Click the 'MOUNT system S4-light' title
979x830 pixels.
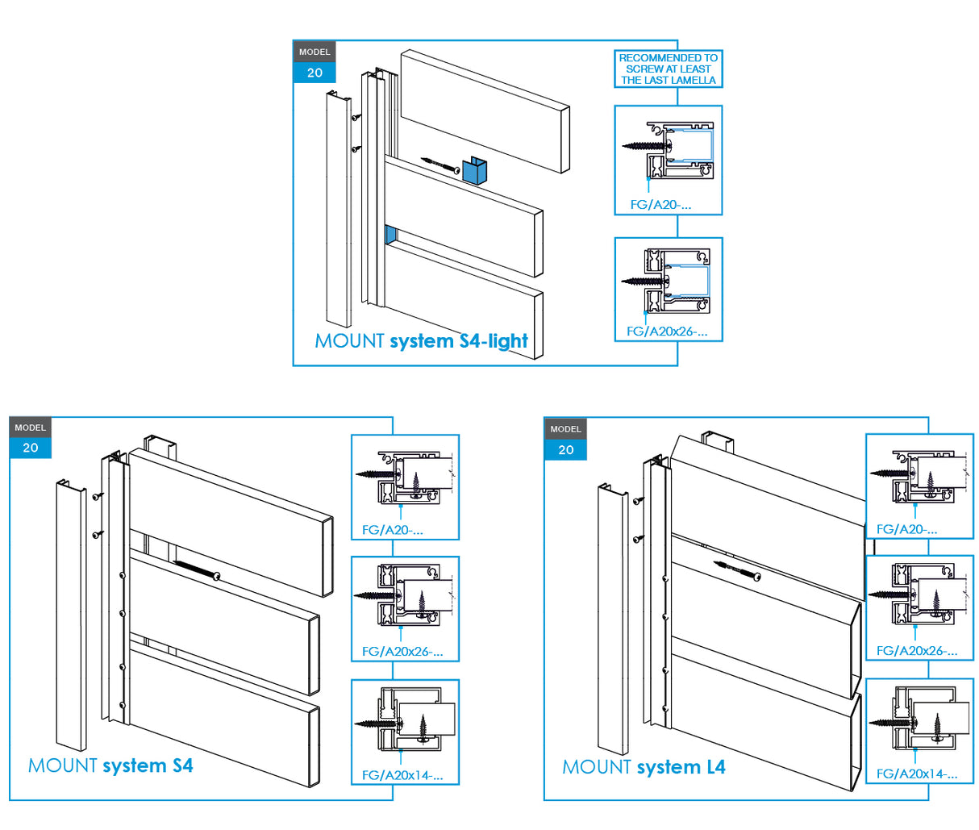(x=421, y=341)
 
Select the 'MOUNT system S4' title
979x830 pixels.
(x=110, y=765)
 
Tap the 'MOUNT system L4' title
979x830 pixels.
(x=644, y=767)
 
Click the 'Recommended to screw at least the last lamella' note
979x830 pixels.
(x=668, y=69)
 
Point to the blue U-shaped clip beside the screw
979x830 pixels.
(x=475, y=171)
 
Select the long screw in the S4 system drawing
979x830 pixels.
(x=197, y=569)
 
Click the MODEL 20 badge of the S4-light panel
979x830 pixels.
(x=315, y=63)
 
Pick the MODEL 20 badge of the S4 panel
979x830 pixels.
(x=31, y=438)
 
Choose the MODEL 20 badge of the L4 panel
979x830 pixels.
(x=565, y=440)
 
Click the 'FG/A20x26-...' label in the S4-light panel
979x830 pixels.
(x=667, y=332)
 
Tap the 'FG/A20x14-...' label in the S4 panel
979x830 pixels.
(x=402, y=775)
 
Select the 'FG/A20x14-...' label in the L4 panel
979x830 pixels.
(x=917, y=774)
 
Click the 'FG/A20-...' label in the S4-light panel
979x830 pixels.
(x=660, y=205)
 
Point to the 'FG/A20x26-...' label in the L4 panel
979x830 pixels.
(x=917, y=651)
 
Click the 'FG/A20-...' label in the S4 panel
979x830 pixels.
(x=392, y=530)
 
